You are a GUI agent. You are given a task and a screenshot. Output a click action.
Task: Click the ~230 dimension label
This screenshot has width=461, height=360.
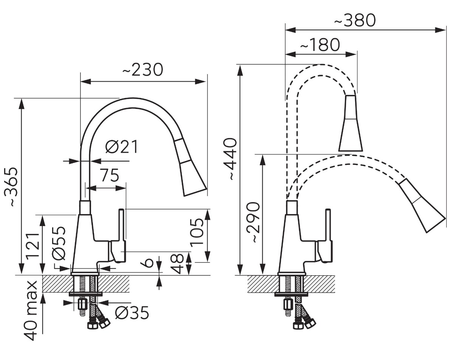pos(143,70)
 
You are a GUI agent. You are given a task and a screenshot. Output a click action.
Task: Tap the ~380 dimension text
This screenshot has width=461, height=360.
pos(355,20)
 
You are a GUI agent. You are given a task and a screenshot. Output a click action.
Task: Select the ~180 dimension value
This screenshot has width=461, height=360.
pos(320,45)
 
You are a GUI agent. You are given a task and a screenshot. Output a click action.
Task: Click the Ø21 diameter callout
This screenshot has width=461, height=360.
pos(122,146)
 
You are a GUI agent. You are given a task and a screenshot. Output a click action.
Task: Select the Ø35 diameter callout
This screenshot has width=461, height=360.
pos(132,313)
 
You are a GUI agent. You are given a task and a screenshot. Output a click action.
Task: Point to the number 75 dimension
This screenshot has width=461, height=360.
pos(110,175)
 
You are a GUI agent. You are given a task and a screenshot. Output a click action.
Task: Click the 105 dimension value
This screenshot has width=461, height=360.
pos(197,233)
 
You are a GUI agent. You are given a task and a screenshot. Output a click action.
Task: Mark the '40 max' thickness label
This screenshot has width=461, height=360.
pos(30,311)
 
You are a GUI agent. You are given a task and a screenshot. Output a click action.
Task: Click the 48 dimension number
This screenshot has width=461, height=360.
pos(177,264)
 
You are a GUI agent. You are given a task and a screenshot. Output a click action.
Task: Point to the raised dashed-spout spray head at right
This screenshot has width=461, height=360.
pos(350,123)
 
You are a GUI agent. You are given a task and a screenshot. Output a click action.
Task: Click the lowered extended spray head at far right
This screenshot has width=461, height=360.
pos(422,206)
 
